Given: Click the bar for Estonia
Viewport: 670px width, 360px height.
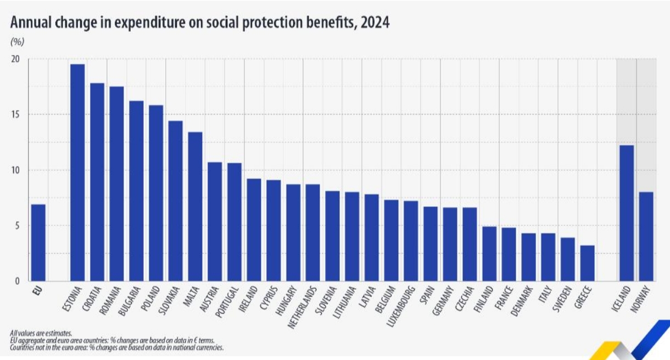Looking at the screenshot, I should pyautogui.click(x=77, y=173).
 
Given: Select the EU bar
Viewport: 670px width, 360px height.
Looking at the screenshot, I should pyautogui.click(x=38, y=243).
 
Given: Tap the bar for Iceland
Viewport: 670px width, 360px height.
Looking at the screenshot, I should pyautogui.click(x=626, y=213).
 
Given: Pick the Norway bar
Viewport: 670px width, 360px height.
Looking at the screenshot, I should pyautogui.click(x=646, y=237).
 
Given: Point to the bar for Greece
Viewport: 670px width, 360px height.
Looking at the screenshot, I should pyautogui.click(x=587, y=263).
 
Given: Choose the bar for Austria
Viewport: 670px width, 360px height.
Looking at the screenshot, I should pyautogui.click(x=215, y=222).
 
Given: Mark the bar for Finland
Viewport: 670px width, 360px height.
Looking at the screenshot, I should pyautogui.click(x=489, y=254).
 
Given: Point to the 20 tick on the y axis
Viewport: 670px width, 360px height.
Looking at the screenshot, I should pyautogui.click(x=15, y=59).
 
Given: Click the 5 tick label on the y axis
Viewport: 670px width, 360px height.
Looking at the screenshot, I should pyautogui.click(x=18, y=226).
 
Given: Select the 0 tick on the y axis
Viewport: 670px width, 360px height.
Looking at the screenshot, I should pyautogui.click(x=18, y=282).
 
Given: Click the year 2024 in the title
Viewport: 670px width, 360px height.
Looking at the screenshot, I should pyautogui.click(x=375, y=22).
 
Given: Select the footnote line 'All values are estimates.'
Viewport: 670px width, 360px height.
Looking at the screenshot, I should pyautogui.click(x=41, y=333).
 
